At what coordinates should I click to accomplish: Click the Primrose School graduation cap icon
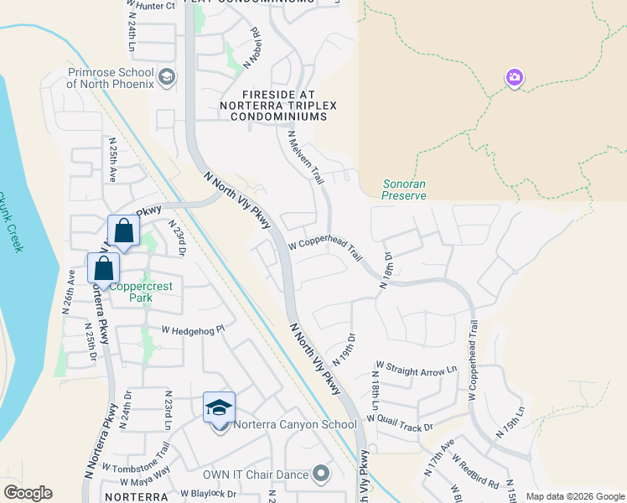[x=166, y=78]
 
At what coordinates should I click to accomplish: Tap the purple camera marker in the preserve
[x=515, y=79]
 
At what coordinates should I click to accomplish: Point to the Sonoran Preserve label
[x=404, y=189]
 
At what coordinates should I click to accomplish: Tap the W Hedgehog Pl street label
[x=194, y=330]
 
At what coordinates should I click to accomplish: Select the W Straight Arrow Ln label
[x=417, y=368]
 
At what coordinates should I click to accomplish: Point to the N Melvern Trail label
[x=305, y=157]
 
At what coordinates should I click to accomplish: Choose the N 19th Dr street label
[x=344, y=349]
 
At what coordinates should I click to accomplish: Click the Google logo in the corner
[x=28, y=493]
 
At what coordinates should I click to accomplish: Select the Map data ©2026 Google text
[x=575, y=496]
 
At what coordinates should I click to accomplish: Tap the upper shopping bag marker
[x=123, y=231]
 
